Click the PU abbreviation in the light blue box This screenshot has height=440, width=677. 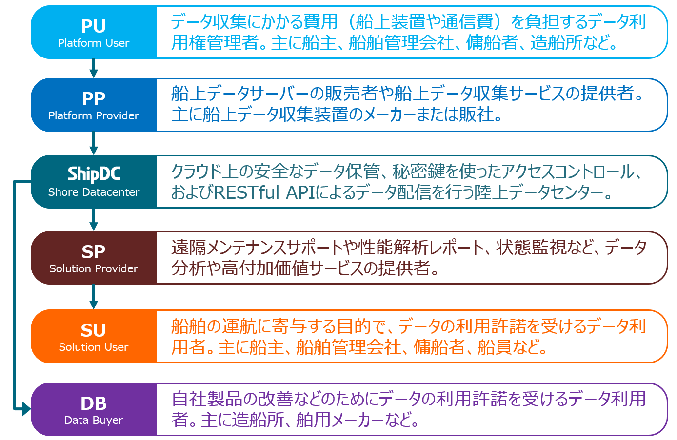pos(93,26)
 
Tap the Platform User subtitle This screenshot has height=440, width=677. pos(94,43)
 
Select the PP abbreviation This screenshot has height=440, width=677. pos(94,98)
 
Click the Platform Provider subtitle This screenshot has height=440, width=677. pos(94,115)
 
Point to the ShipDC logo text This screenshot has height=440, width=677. pos(94,174)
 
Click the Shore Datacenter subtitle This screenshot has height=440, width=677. pos(94,192)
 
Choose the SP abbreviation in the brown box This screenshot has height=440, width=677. pos(93,251)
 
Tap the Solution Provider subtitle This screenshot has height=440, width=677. pos(94,268)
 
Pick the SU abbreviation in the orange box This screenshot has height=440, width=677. pos(93,330)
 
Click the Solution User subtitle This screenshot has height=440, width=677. pos(94,347)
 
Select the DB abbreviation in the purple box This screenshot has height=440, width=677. pos(94,403)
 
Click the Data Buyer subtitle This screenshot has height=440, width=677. pos(94,420)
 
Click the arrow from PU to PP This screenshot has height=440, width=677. pos(94,68)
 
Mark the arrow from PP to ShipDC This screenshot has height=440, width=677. pos(94,143)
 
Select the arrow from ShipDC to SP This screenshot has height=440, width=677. pos(94,220)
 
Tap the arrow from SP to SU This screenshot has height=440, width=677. pos(94,297)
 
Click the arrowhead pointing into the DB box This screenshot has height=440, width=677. pos(27,409)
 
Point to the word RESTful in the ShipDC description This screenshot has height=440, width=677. pos(246,192)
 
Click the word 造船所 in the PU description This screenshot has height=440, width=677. pos(556,42)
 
